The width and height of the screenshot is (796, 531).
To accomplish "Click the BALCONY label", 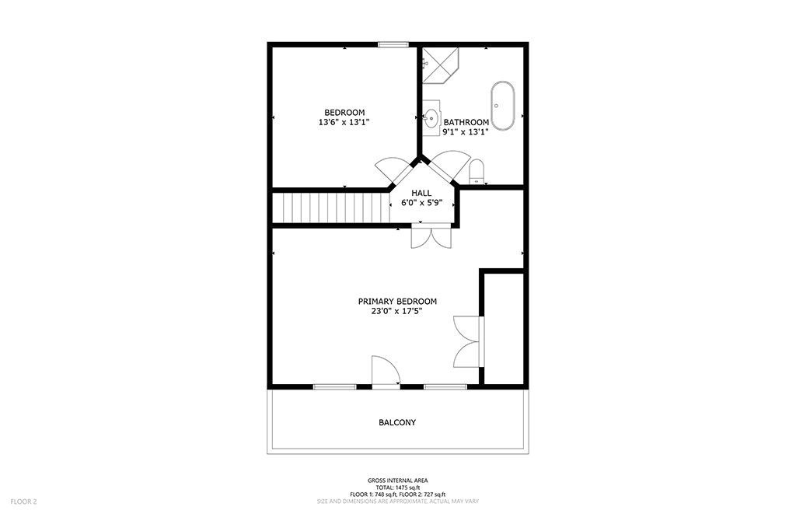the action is pos(397,422).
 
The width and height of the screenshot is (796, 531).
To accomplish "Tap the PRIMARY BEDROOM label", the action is pos(397,301).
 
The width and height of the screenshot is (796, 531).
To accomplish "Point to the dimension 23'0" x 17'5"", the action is pos(397,311).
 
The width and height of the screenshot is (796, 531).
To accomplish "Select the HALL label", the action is pos(421,193).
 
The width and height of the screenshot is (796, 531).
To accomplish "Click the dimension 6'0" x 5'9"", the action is pos(421,203).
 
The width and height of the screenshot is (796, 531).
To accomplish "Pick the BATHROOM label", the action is pos(466,122).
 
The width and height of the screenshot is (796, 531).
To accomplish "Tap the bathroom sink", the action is pos(431,117).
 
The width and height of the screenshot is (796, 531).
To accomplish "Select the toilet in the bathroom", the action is pos(477,172).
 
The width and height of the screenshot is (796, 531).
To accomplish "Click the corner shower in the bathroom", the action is pos(440,65).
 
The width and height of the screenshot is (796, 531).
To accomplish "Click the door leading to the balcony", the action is pos(386,372).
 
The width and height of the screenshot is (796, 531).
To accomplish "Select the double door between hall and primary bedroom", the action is pos(431,236).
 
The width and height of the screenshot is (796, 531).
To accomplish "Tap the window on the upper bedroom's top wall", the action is pos(393,44).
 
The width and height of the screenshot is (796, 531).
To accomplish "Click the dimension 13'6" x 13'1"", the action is pos(344,122).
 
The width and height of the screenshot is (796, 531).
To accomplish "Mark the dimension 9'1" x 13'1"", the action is pos(466,132).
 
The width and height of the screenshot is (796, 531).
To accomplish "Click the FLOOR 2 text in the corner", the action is pos(24,502).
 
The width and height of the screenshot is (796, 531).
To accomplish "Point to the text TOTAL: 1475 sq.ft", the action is pos(397,487).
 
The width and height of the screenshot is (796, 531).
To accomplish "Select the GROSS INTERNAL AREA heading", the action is pos(397,480).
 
